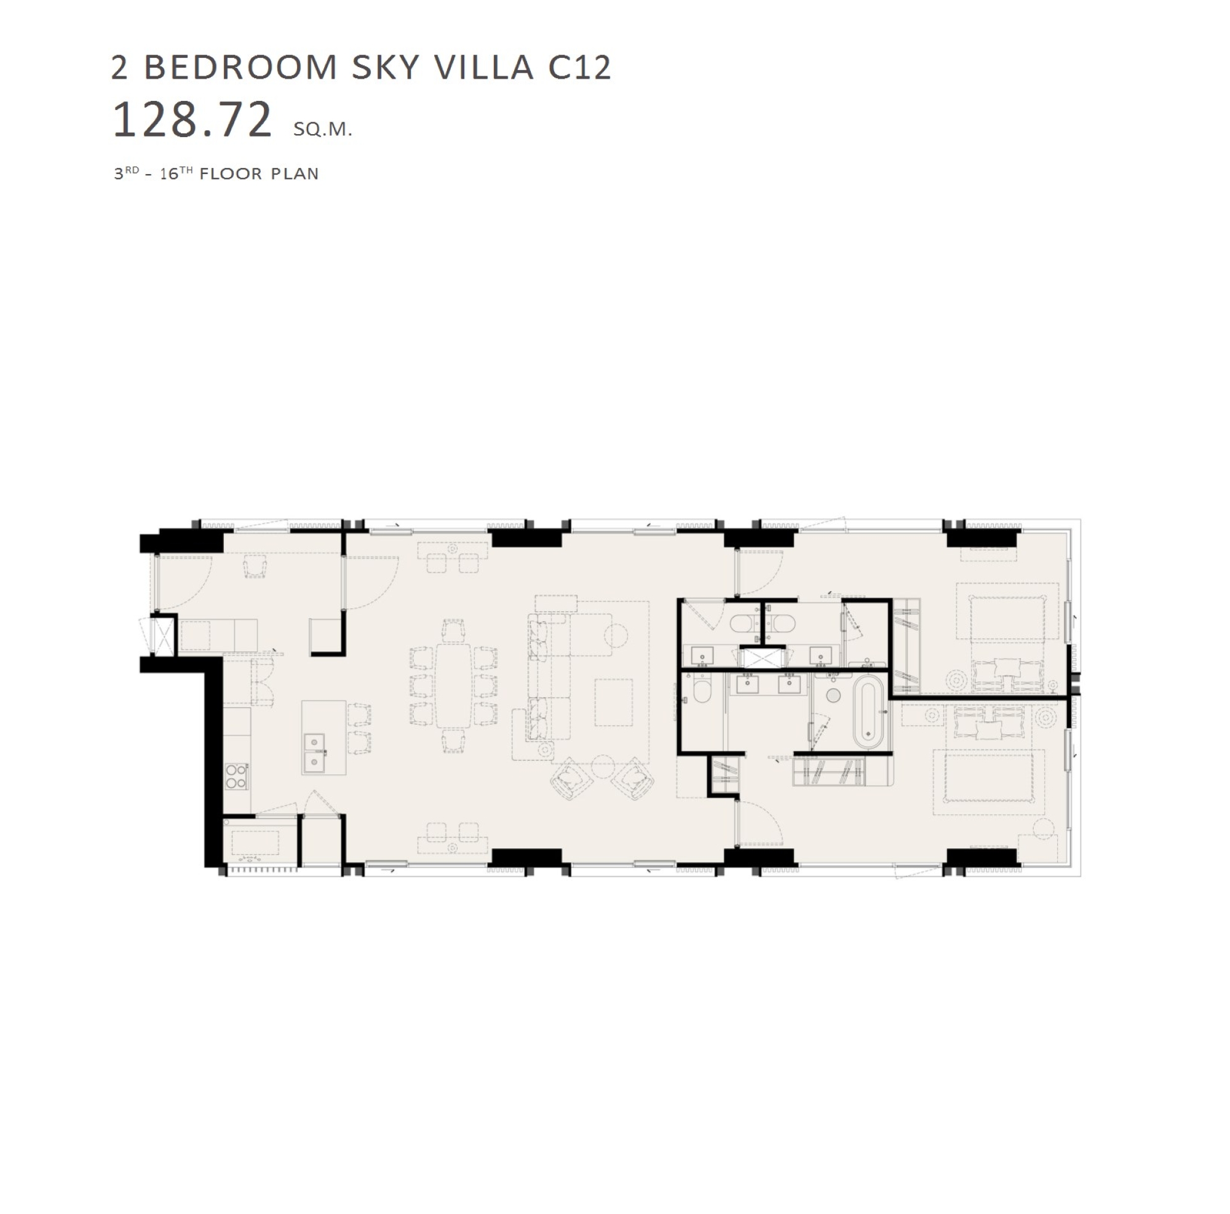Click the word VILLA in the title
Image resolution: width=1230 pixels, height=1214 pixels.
pyautogui.click(x=485, y=68)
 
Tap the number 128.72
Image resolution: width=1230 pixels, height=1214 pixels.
pyautogui.click(x=192, y=120)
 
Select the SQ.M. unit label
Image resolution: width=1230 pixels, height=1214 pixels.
pyautogui.click(x=323, y=129)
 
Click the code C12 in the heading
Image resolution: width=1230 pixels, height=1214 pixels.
pyautogui.click(x=579, y=68)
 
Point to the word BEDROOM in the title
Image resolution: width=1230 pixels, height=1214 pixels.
pyautogui.click(x=240, y=68)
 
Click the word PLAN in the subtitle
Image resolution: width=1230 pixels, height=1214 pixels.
pyautogui.click(x=295, y=174)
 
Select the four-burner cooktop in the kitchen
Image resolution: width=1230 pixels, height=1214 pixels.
pyautogui.click(x=236, y=776)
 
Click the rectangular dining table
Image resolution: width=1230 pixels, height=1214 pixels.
pyautogui.click(x=453, y=686)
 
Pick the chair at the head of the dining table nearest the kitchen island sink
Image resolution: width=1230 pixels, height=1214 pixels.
pyautogui.click(x=453, y=740)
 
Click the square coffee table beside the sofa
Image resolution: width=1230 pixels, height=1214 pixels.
pyautogui.click(x=614, y=702)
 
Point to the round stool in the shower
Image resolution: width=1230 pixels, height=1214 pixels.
pyautogui.click(x=833, y=696)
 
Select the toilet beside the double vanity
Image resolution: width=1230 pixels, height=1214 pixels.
pyautogui.click(x=702, y=691)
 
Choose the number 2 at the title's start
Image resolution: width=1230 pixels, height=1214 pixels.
pyautogui.click(x=120, y=68)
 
